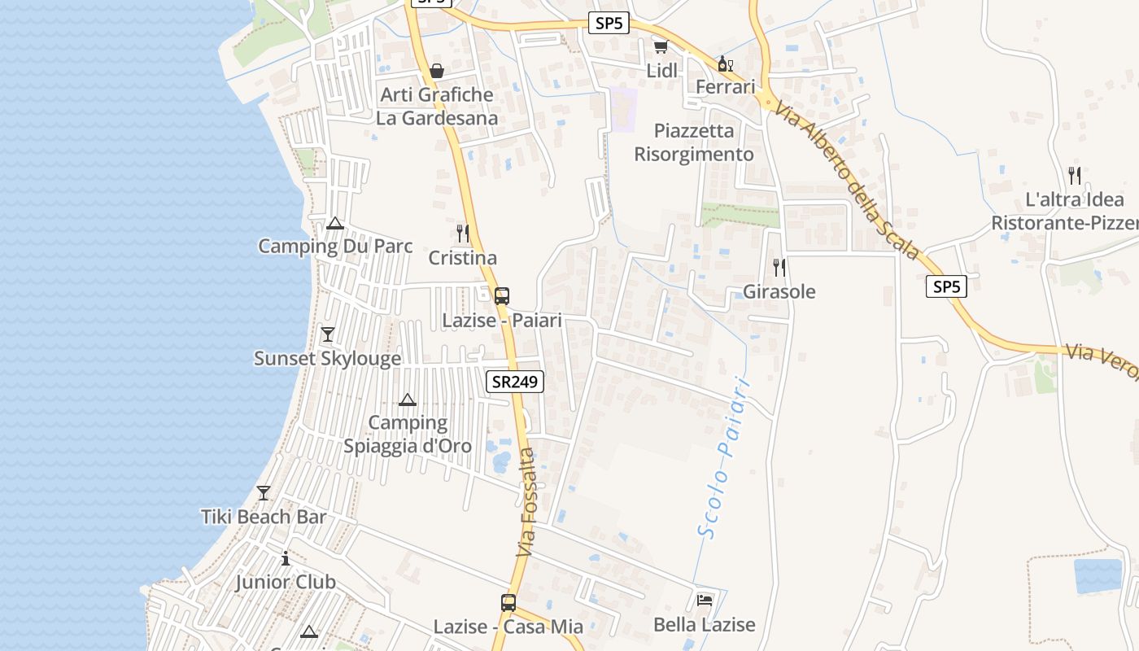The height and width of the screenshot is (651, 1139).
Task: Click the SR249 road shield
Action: coord(515,382)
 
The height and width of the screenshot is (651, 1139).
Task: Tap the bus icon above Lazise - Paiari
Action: coord(502,295)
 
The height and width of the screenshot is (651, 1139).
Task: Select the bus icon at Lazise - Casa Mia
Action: coord(508,603)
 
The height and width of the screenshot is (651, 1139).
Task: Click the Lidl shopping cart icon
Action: coord(661,47)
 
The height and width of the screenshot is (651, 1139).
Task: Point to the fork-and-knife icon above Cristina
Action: coord(462,234)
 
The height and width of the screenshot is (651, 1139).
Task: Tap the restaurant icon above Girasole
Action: coord(779,267)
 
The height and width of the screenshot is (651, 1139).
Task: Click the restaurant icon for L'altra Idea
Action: coord(1074,175)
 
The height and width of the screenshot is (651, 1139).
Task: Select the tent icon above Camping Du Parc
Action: coord(334,223)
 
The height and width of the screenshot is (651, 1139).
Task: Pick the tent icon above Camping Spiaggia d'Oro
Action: coord(408,400)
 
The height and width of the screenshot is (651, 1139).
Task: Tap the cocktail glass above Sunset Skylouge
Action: coord(327,334)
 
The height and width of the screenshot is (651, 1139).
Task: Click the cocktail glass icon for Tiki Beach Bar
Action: coord(264,493)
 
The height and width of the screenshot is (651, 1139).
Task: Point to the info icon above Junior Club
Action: coord(285,559)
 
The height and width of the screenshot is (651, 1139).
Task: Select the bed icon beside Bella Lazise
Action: coord(705,601)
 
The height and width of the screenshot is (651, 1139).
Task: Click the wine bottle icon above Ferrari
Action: coord(725,63)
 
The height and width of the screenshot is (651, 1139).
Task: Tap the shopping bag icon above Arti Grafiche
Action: coord(437,71)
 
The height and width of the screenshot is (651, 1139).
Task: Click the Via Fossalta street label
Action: coord(527,502)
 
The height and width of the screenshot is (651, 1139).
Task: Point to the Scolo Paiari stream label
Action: coord(722,456)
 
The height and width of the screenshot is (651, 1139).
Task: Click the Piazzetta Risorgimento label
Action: coord(694,142)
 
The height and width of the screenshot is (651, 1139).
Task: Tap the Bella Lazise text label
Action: coord(705,625)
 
